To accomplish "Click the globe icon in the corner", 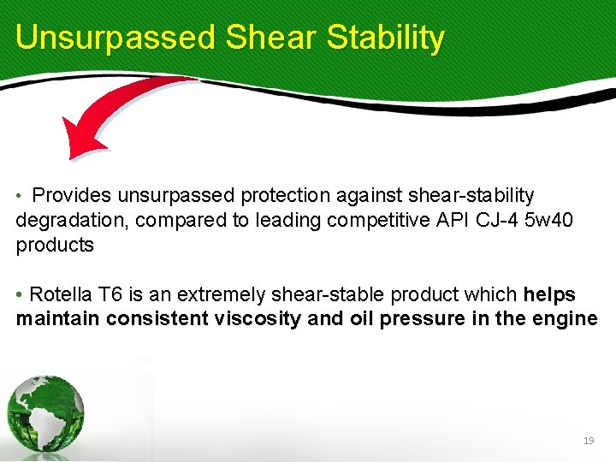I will click(x=46, y=413).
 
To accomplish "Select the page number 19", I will click(x=588, y=440).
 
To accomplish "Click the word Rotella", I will click(x=61, y=295).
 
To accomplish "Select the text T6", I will click(x=110, y=295).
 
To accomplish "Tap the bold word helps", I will click(x=549, y=295).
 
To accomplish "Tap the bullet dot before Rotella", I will click(x=20, y=296).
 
